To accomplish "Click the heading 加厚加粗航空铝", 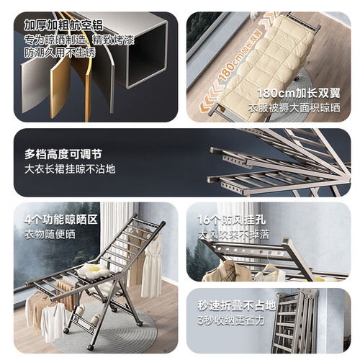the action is [63, 25].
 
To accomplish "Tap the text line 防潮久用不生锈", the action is [60, 53].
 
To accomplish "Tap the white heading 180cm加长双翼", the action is [299, 93].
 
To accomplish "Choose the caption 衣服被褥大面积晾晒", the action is [294, 108].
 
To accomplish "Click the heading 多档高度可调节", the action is [63, 154].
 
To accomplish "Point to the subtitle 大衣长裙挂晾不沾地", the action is [70, 169].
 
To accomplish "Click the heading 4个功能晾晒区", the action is [61, 220].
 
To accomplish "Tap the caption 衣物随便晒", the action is [50, 235].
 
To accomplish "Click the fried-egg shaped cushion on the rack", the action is [92, 270].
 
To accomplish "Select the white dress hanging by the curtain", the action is [151, 265].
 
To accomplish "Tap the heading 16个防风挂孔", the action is [232, 220].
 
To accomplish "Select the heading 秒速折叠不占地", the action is [237, 305].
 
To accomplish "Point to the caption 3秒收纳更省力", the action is [231, 320].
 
